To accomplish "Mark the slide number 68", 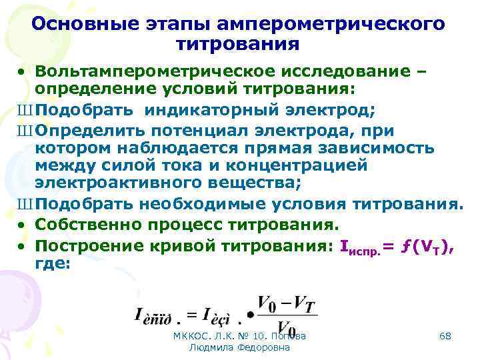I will [445, 337].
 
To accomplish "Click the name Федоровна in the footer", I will [264, 348].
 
